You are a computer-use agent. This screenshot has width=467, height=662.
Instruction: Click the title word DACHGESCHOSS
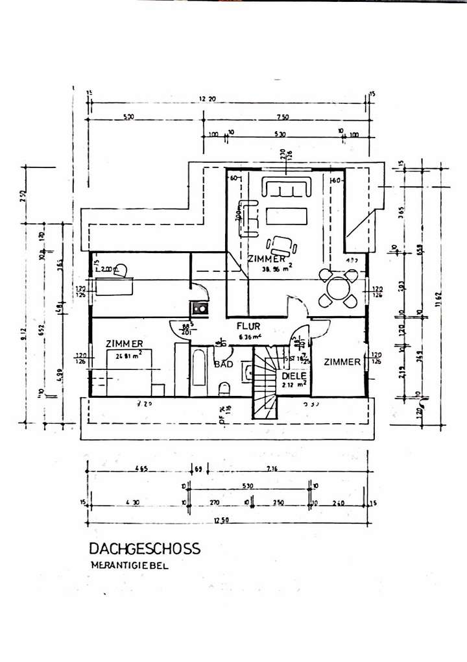[x=145, y=548]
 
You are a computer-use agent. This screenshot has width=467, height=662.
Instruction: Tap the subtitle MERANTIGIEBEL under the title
[x=129, y=565]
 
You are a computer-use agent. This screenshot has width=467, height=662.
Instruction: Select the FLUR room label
[x=248, y=327]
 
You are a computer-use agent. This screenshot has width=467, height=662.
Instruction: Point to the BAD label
[x=223, y=365]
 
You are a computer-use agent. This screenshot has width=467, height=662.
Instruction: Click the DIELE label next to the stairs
[x=293, y=375]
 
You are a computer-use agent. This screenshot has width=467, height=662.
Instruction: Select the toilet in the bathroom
[x=224, y=387]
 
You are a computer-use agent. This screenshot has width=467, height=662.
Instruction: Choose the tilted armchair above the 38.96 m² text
[x=283, y=245]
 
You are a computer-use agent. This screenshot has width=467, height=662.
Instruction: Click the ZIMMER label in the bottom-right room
[x=342, y=362]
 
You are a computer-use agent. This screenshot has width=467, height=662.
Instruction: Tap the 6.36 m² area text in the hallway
[x=248, y=337]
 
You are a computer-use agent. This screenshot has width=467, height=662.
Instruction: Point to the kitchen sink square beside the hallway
[x=200, y=308]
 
